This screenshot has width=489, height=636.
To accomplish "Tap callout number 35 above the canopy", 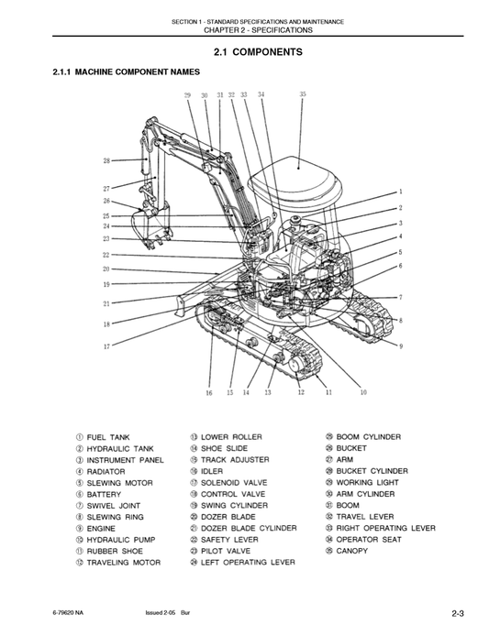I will click(303, 94).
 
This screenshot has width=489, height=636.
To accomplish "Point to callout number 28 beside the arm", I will click(106, 161).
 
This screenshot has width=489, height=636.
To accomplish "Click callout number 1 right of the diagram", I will click(400, 192).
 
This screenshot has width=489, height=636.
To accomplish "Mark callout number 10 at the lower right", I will click(362, 392).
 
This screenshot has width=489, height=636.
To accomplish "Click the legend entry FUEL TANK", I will click(108, 437).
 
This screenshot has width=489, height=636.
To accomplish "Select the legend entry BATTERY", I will click(105, 494).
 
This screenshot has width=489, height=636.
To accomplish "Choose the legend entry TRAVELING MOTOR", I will click(123, 562).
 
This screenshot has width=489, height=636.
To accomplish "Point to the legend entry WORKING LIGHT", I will click(367, 482).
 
